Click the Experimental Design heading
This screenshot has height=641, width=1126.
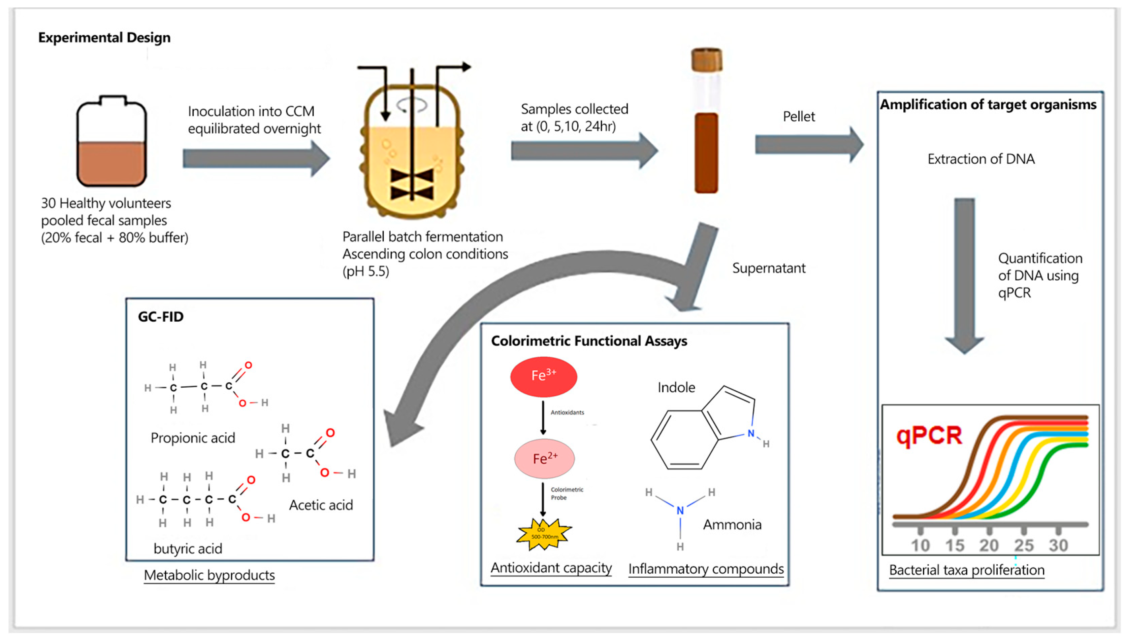[x=104, y=37]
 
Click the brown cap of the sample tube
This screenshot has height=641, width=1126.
[x=706, y=60]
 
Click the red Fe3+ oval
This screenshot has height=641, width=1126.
[x=543, y=377]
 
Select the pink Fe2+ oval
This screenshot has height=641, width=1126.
[x=545, y=459]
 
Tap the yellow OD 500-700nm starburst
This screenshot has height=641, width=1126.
[x=544, y=534]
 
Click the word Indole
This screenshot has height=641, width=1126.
[x=676, y=387]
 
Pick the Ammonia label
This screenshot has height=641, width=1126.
[x=732, y=524]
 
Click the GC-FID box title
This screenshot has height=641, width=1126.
[x=160, y=317]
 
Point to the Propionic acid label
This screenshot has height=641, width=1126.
[x=193, y=438]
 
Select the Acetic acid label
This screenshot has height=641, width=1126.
[x=321, y=505]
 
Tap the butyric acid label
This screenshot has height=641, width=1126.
[x=188, y=548]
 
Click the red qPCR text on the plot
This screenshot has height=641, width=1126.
[x=929, y=436]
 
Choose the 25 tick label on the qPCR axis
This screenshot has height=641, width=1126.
[x=1023, y=545]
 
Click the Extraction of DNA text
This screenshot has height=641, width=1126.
[x=981, y=159]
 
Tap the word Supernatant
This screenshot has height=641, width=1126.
[x=769, y=268]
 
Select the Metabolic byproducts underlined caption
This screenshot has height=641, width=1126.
[x=209, y=575]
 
